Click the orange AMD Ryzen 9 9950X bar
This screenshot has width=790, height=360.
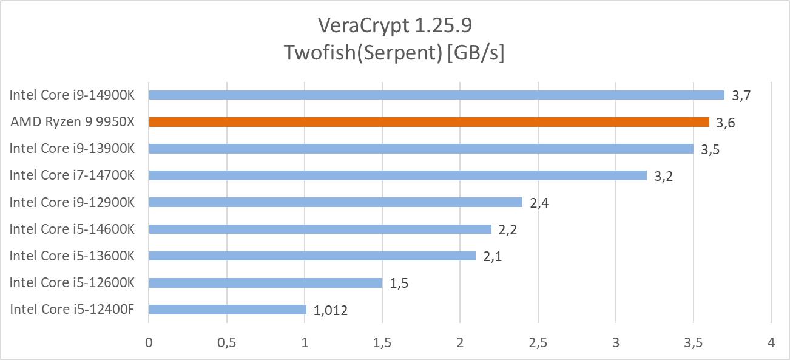(x=428, y=122)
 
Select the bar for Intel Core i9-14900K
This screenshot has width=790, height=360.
(x=436, y=95)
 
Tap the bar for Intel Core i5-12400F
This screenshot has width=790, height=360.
(x=228, y=310)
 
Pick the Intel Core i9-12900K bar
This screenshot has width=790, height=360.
(x=335, y=202)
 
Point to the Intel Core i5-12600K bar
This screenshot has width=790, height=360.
(x=265, y=283)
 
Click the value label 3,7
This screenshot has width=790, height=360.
(x=741, y=95)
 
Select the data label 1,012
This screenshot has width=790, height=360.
(x=331, y=311)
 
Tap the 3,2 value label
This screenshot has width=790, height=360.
(x=664, y=177)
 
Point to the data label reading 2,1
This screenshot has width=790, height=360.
(x=492, y=257)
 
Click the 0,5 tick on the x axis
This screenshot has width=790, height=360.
(x=226, y=343)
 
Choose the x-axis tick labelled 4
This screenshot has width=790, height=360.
(x=771, y=343)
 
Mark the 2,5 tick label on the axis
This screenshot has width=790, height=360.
(x=538, y=343)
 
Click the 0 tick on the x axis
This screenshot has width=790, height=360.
(x=149, y=343)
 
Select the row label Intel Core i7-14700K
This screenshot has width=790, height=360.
(x=72, y=175)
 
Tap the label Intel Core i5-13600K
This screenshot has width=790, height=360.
(x=72, y=256)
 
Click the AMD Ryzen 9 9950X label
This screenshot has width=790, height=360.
(x=72, y=122)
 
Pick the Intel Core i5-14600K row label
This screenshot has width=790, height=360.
(x=72, y=229)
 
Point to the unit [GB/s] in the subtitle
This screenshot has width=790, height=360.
(x=476, y=53)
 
